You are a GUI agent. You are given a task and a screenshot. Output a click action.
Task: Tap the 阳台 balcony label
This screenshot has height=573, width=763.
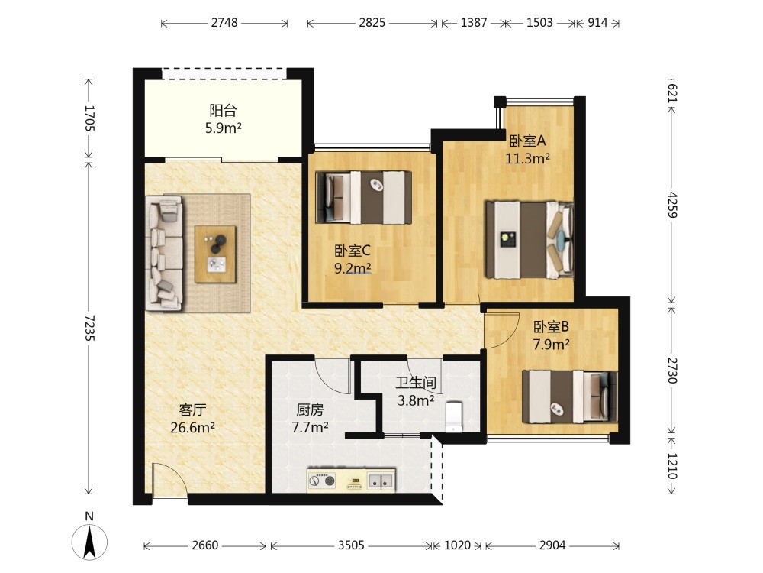click(223, 111)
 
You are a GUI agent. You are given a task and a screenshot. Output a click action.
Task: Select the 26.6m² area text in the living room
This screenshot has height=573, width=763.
click(193, 428)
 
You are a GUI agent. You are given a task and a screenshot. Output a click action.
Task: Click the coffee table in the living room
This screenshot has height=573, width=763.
click(215, 254)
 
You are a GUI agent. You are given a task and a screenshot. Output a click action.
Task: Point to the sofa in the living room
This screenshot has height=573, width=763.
click(164, 252)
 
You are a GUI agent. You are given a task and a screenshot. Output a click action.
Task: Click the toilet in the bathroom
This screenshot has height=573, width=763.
click(453, 416)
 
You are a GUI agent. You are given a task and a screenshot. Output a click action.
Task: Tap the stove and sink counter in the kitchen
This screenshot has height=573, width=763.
click(351, 480)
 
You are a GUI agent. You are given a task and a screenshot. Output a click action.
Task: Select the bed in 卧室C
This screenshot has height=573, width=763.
click(363, 197)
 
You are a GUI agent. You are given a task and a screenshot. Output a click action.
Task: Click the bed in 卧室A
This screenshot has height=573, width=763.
click(530, 240)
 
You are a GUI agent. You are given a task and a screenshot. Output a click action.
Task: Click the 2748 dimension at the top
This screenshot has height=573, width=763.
click(224, 22)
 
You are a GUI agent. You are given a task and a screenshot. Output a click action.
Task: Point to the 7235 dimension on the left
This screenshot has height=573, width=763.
click(89, 328)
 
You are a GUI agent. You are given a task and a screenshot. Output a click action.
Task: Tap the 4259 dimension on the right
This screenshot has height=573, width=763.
click(672, 205)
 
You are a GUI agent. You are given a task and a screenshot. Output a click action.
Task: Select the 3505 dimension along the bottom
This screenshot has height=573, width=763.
click(351, 545)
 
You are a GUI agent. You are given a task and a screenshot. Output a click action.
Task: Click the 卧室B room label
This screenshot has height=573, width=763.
click(551, 326)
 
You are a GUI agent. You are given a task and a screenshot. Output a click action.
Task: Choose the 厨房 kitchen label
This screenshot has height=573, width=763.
click(310, 410)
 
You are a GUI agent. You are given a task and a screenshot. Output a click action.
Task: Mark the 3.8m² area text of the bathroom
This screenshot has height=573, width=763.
click(416, 400)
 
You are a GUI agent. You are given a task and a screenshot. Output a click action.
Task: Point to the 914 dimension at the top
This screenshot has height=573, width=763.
click(597, 22)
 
